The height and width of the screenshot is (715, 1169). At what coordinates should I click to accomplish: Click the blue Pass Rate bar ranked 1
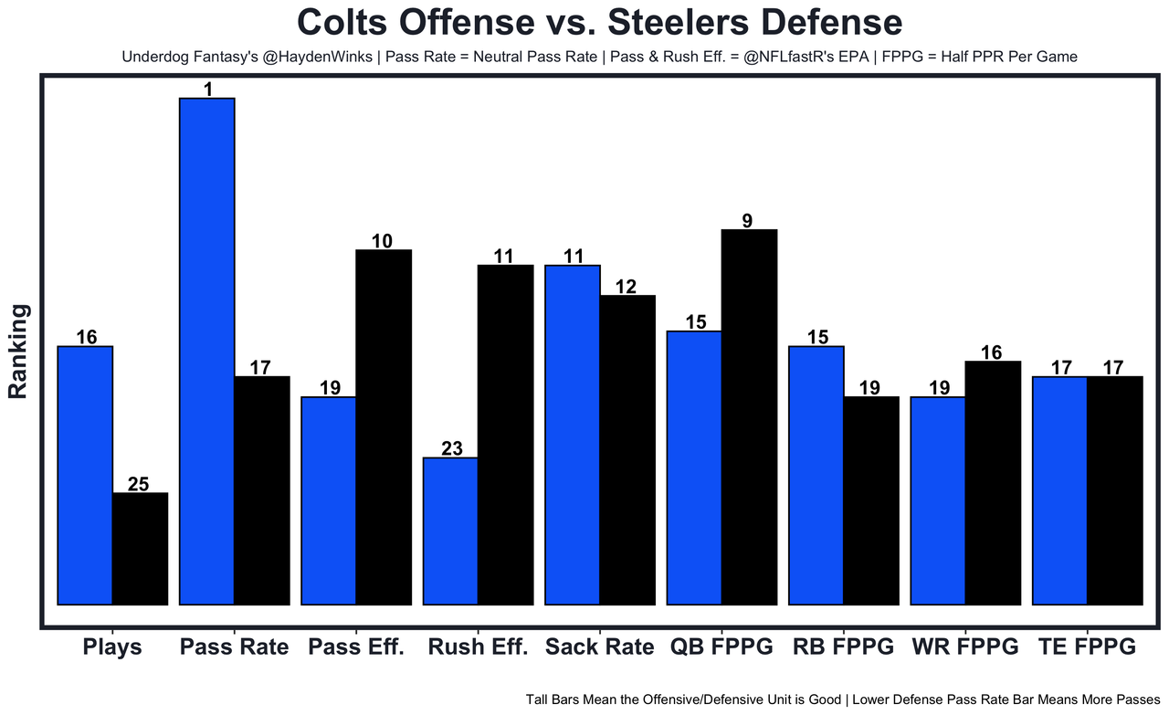click(207, 351)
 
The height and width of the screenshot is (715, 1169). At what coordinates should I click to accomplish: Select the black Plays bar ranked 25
click(140, 548)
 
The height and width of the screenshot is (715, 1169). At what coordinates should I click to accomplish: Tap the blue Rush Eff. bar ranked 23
click(451, 531)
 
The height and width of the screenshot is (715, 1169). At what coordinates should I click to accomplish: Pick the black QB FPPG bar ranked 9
click(749, 416)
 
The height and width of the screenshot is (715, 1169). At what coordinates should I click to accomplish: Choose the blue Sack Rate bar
click(573, 435)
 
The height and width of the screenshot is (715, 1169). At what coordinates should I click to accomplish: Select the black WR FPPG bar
click(993, 482)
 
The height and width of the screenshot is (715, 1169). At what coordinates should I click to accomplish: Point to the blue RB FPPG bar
click(816, 475)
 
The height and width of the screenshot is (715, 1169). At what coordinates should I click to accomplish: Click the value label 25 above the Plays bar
click(139, 484)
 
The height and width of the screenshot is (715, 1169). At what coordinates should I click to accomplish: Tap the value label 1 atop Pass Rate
click(207, 89)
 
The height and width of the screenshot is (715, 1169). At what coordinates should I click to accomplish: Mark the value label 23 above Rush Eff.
click(451, 448)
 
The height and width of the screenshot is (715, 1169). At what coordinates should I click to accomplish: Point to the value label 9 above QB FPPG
click(748, 220)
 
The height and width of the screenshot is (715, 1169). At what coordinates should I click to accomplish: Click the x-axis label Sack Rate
click(599, 647)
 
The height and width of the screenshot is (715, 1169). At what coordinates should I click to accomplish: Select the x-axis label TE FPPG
click(1087, 647)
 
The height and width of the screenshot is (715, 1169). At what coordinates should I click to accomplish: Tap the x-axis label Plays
click(112, 647)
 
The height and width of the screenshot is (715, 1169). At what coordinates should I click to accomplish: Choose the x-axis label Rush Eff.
click(478, 647)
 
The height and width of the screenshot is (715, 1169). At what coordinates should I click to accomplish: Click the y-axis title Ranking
click(19, 351)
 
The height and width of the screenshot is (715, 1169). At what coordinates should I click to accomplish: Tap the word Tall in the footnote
click(541, 699)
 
